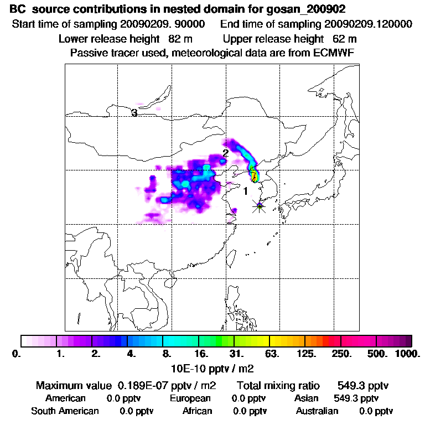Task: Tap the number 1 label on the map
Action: coord(245,191)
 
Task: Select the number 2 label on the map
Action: coord(225,153)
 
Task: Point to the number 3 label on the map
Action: coord(134,113)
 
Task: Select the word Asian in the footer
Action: coord(308,398)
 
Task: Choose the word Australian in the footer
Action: coord(317,411)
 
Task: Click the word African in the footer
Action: coord(197,411)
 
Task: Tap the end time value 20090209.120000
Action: coord(368,24)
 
